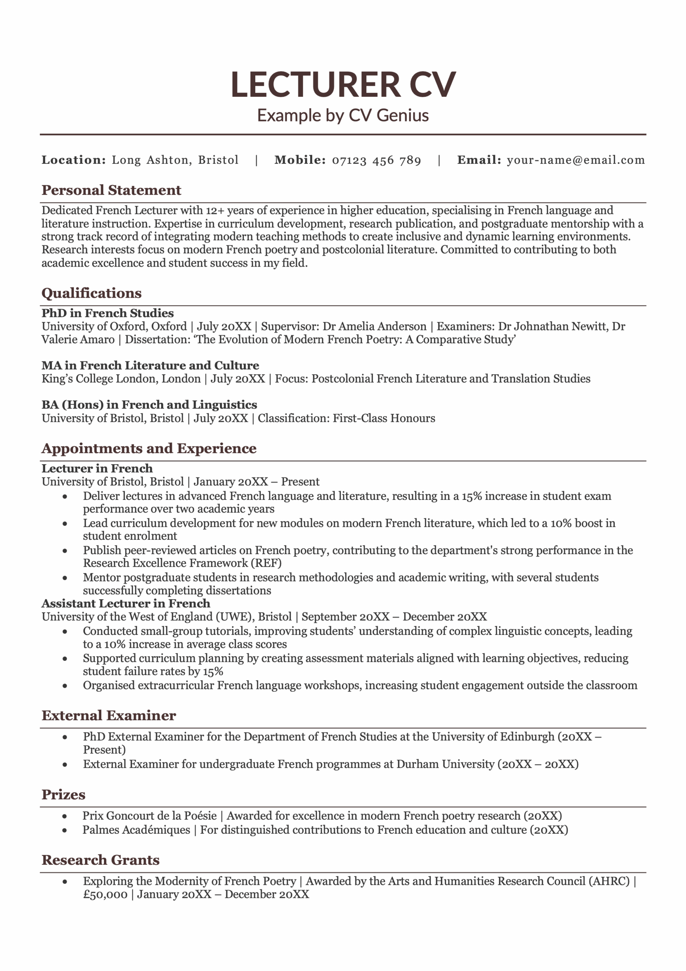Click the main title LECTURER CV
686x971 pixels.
343,85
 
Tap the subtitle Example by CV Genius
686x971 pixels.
343,115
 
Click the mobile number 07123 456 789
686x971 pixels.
377,160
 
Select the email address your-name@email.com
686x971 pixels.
576,160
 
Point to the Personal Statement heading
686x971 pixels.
111,190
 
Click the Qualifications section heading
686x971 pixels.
91,293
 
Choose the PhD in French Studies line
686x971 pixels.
107,313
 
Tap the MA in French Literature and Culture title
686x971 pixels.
150,365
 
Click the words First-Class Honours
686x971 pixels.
384,418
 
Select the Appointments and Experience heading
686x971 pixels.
149,448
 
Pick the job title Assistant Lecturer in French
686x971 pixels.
126,603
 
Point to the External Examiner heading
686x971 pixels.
109,716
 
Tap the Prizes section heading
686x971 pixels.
63,795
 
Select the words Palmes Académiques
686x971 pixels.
136,830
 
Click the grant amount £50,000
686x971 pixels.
105,894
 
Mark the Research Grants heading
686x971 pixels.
100,860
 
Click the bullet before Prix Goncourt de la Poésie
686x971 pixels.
65,816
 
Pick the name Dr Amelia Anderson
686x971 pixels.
374,327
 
